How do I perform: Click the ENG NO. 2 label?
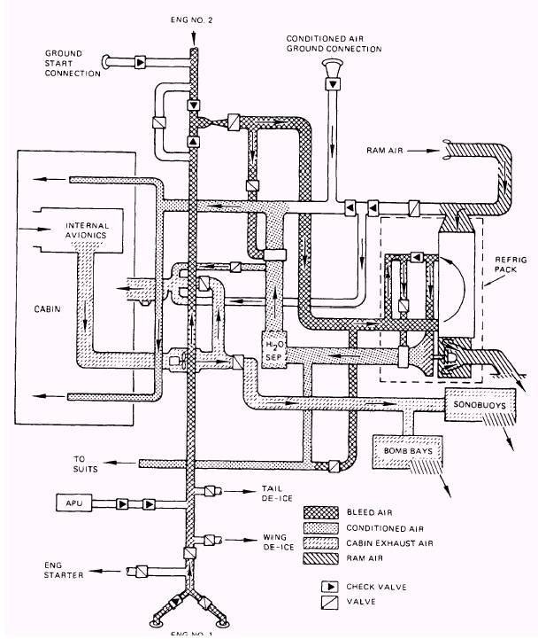pos(193,18)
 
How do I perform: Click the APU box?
pos(73,503)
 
